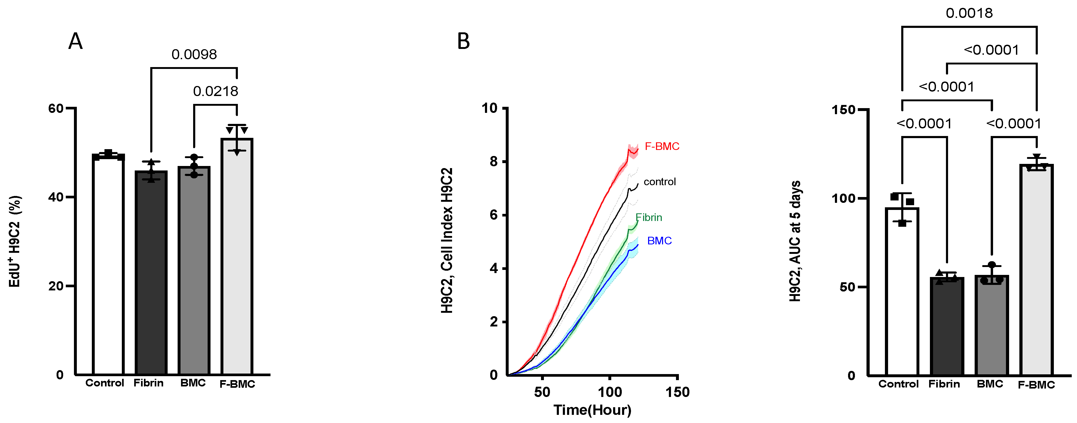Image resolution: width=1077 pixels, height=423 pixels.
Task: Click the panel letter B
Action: (x=463, y=41)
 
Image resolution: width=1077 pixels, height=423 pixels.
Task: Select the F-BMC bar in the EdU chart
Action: (x=237, y=259)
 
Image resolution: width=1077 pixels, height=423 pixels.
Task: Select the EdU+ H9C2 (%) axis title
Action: (x=15, y=241)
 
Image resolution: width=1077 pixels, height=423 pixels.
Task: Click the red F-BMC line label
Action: (x=662, y=146)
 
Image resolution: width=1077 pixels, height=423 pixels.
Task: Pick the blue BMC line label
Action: (x=659, y=241)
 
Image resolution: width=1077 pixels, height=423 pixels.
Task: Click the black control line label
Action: (x=659, y=182)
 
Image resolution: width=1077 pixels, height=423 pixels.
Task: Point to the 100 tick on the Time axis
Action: (x=610, y=392)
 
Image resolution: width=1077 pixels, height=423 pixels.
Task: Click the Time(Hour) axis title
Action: (x=592, y=410)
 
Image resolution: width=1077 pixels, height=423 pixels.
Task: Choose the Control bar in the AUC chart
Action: (x=902, y=293)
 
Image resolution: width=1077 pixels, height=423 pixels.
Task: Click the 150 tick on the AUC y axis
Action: (x=843, y=110)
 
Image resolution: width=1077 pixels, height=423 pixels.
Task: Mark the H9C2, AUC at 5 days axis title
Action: (x=795, y=241)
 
